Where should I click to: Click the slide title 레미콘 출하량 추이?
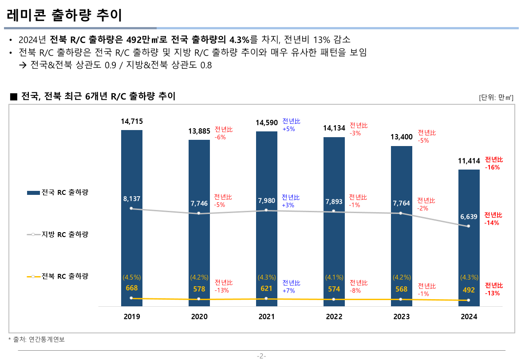(64, 16)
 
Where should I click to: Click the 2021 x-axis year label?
(267, 317)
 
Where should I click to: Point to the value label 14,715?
(132, 121)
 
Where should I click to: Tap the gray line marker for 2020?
(198, 214)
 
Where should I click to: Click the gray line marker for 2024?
(469, 226)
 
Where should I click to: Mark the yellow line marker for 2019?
(131, 298)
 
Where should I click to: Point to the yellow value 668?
(132, 289)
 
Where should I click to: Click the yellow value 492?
(469, 290)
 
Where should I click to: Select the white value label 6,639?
(469, 217)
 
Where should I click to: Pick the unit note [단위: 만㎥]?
(496, 97)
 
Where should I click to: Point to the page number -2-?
(261, 356)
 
